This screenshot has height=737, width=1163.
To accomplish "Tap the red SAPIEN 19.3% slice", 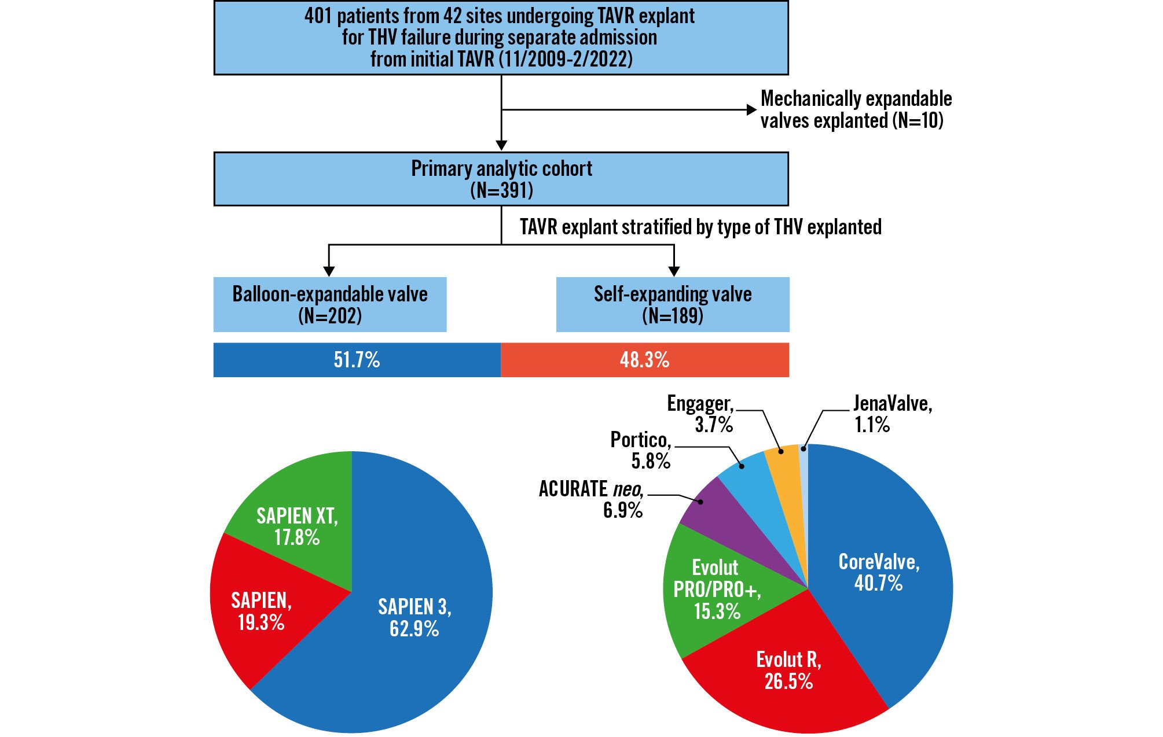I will [261, 610].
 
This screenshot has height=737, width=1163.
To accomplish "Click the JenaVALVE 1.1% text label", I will [891, 414].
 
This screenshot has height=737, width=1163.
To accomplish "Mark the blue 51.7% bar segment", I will [357, 360].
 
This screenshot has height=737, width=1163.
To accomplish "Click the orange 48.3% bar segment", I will [644, 360].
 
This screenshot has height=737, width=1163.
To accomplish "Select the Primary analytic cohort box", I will [501, 179].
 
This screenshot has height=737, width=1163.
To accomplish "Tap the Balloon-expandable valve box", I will [330, 304].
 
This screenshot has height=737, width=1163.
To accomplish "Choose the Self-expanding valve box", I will [673, 304].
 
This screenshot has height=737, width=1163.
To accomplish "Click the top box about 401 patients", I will [501, 38].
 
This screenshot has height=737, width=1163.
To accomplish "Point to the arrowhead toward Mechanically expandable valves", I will [751, 110].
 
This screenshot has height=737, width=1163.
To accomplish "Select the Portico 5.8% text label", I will [641, 450].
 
